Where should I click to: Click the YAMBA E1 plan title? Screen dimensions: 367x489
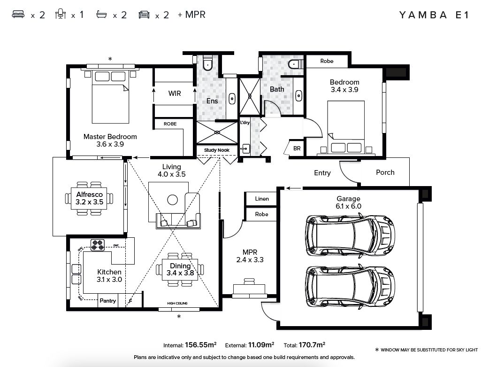point(434,15)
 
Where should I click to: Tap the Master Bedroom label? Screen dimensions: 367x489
point(110,137)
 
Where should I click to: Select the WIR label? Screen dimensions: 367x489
point(175,94)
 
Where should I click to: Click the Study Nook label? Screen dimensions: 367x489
point(217,150)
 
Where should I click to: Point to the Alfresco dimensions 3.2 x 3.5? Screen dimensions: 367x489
point(89,202)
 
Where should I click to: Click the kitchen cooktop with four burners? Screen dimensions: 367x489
point(98,245)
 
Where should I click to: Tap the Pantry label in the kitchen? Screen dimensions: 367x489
point(107,301)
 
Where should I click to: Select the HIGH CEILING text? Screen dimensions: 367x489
point(177,304)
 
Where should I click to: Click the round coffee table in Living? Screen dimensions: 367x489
point(173,200)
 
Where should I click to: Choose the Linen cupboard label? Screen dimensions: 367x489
point(262,199)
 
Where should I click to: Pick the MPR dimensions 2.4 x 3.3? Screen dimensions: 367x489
point(250,259)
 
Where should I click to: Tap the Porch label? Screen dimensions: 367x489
point(385,172)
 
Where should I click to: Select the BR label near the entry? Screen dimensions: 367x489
point(297,148)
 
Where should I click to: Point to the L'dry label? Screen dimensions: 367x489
point(244,123)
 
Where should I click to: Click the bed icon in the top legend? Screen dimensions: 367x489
point(18,15)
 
